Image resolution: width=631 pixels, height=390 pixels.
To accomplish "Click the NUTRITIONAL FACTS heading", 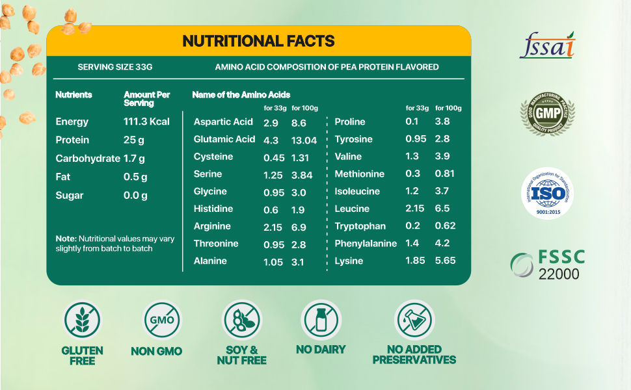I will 258,41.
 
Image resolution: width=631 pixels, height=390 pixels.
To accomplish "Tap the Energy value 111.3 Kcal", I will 146,122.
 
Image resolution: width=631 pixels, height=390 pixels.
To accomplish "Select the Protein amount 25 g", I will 135,140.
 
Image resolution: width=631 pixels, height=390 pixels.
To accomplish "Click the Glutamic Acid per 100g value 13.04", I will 304,139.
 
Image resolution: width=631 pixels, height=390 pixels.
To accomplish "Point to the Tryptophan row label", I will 360,226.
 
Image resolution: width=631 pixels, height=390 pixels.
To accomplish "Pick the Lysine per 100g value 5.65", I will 445,261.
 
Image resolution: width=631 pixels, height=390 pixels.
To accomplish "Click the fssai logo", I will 546,45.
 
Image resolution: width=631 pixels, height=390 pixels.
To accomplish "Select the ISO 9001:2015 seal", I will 548,194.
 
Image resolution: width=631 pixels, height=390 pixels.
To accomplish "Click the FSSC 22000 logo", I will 548,265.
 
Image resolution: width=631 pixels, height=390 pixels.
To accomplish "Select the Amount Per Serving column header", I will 146,99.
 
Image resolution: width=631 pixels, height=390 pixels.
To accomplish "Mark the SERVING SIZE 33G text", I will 114,67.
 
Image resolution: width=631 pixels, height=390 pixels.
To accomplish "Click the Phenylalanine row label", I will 366,244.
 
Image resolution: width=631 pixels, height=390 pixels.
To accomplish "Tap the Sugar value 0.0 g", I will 135,196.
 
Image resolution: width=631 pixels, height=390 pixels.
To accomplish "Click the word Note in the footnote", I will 66,239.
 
